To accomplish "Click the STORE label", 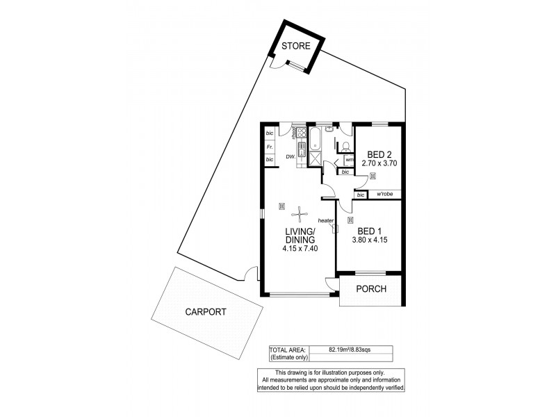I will pos(295,47).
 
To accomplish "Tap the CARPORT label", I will pos(206,312).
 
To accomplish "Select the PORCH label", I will pos(371,289).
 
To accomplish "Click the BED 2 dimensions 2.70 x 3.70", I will pos(379,163).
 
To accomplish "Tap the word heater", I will pos(326,220).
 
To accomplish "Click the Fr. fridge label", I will pos(269,147).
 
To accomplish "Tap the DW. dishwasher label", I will pos(291,157).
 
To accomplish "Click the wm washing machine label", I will pos(349,160).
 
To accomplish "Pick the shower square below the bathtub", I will pos(314,160).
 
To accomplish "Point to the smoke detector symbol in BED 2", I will pos(373,177).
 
